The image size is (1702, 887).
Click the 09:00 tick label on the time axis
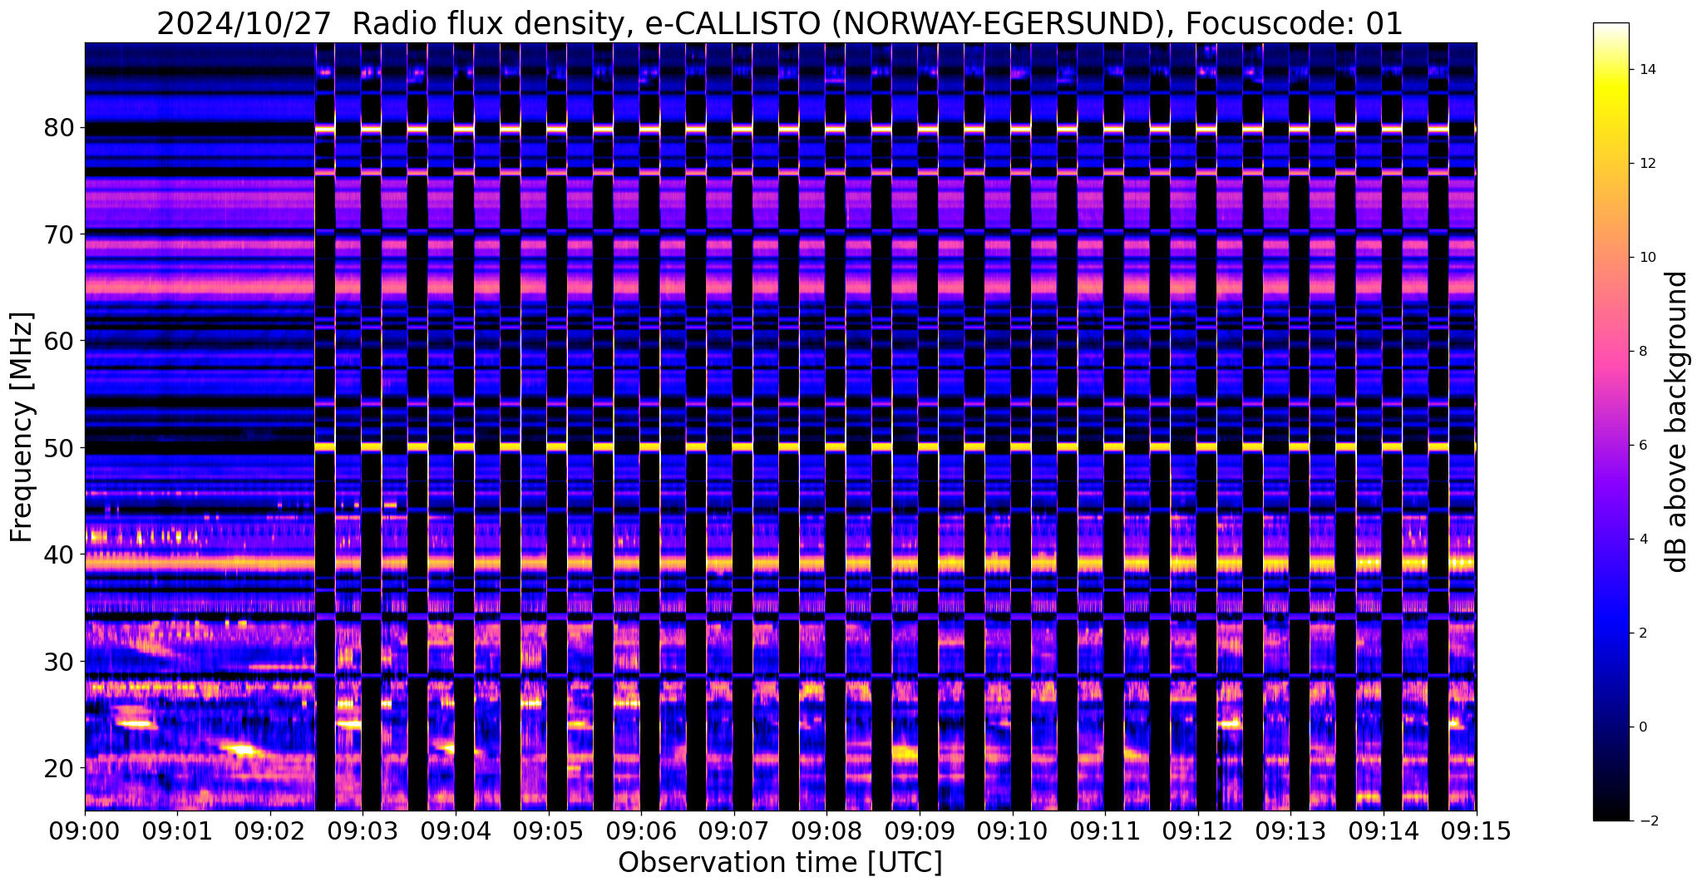click(x=85, y=832)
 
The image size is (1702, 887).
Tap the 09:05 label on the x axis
click(x=548, y=832)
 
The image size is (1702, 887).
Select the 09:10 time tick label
click(x=1012, y=832)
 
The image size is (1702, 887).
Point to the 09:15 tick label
click(x=1476, y=832)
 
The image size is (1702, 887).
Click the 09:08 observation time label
click(x=826, y=832)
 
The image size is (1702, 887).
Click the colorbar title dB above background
click(x=1677, y=421)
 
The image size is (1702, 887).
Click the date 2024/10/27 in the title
click(x=244, y=24)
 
